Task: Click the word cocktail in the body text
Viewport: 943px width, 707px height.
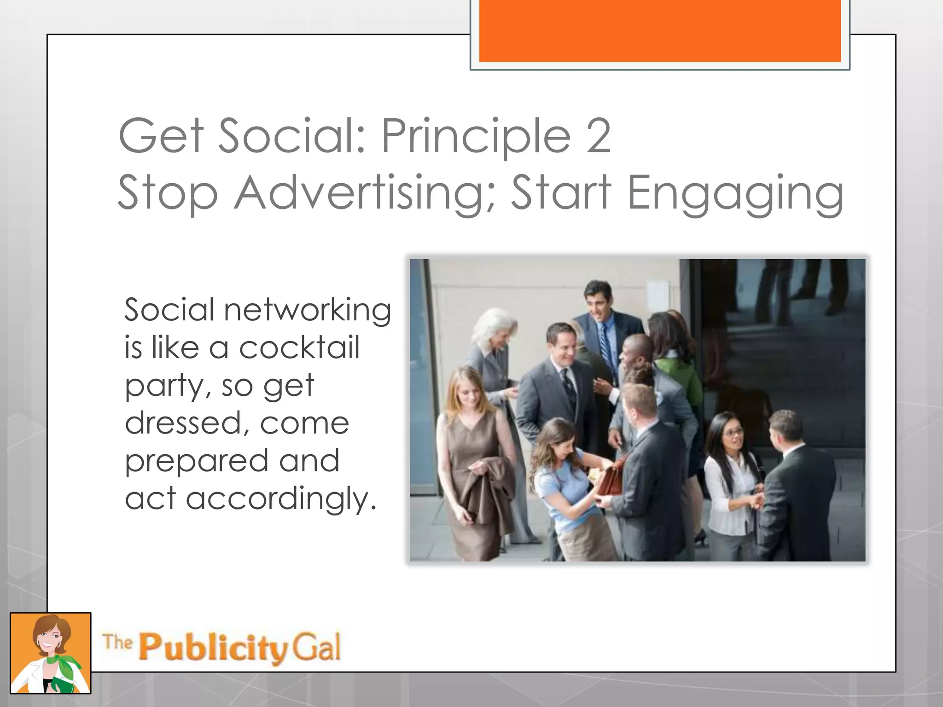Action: pyautogui.click(x=299, y=348)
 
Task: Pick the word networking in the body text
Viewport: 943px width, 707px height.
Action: pyautogui.click(x=307, y=310)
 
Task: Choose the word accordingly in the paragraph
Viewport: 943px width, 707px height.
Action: pyautogui.click(x=281, y=499)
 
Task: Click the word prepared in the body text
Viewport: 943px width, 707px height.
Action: pyautogui.click(x=197, y=462)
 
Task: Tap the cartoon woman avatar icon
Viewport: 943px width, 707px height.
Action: pyautogui.click(x=51, y=653)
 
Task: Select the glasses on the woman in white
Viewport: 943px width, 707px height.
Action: pyautogui.click(x=732, y=432)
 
